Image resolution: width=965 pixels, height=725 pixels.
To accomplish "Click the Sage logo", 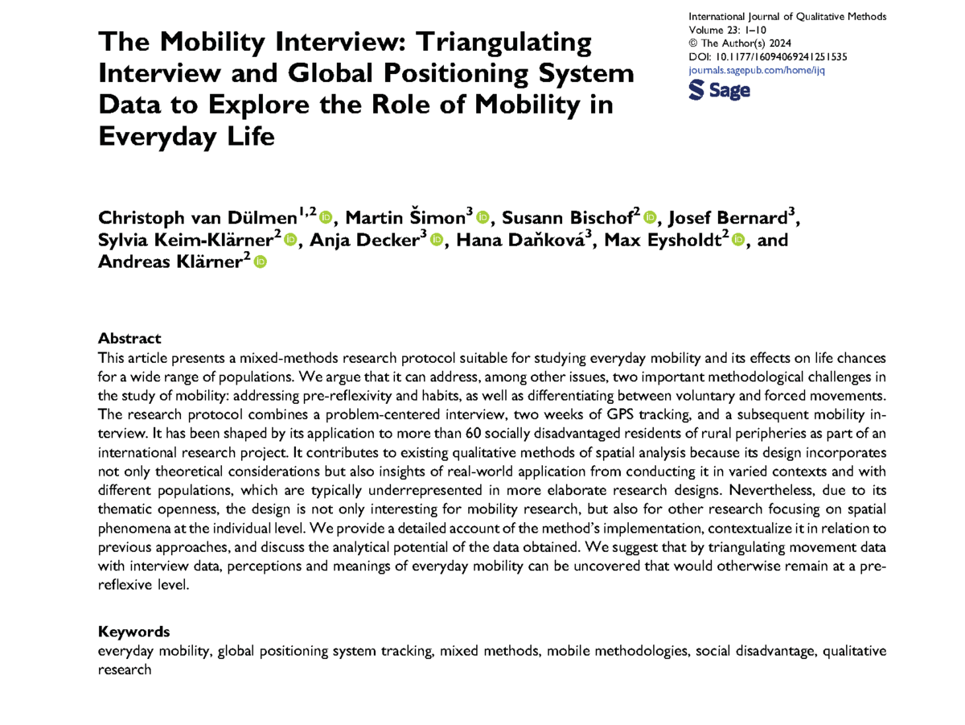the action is (720, 91).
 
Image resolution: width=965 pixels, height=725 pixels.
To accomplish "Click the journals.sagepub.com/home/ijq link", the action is (758, 70).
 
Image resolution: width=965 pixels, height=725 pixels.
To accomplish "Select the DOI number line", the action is (767, 57).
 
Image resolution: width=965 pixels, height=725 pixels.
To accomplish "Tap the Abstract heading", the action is (129, 339).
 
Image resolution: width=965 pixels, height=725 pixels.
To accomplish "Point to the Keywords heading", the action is (133, 632).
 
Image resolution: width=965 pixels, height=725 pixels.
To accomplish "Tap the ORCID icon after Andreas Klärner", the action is (260, 262).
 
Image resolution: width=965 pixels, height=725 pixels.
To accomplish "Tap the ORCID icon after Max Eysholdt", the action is (738, 240).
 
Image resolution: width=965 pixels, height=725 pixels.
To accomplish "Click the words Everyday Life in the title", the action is (186, 138).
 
